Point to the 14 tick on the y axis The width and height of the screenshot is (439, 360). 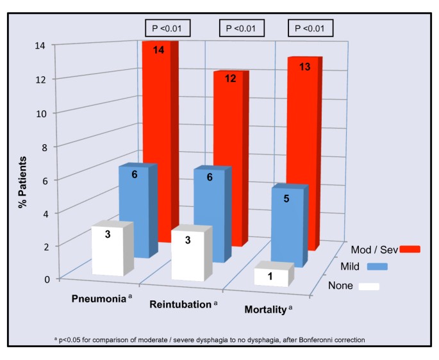coord(44,45)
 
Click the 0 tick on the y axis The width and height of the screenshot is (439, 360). coord(47,279)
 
